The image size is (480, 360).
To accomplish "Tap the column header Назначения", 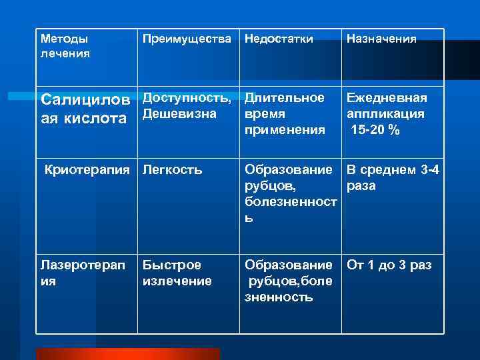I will click(x=381, y=39).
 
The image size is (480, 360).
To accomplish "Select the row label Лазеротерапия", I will click(x=81, y=273).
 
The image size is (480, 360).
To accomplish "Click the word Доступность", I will click(x=187, y=98).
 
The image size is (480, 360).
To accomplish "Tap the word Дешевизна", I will click(x=179, y=114).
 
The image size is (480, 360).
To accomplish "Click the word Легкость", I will click(x=172, y=170).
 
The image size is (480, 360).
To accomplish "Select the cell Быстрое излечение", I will click(x=177, y=273).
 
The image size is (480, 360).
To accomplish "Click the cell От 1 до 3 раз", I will click(x=389, y=265).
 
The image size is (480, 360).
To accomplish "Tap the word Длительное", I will click(x=284, y=98).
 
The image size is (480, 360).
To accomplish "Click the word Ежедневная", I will click(x=386, y=98).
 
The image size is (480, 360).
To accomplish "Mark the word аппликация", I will click(x=385, y=114).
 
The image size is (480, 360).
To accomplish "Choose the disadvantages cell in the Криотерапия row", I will click(x=289, y=193).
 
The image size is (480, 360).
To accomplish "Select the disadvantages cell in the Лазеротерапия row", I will click(x=289, y=281).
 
